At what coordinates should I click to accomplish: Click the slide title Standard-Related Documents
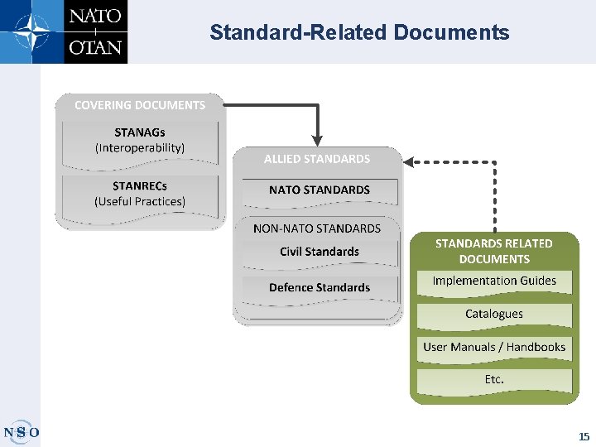[359, 32]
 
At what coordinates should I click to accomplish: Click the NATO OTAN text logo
[95, 31]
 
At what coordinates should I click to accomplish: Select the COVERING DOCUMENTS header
[140, 105]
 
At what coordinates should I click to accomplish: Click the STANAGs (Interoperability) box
[140, 140]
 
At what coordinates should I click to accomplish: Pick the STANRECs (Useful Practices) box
[140, 194]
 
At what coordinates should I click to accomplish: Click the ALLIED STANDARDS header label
[317, 159]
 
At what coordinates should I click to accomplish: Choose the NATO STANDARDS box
[320, 190]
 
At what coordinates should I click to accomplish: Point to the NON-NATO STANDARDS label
[317, 228]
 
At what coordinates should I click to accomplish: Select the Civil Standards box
[320, 252]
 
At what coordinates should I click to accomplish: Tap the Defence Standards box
[320, 288]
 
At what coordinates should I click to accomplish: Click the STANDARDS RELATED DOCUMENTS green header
[494, 251]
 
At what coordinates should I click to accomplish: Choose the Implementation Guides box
[494, 281]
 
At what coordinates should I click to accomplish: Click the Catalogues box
[494, 315]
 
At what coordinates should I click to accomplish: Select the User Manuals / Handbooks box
[494, 348]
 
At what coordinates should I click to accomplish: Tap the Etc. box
[494, 380]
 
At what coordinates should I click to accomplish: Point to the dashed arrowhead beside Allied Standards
[410, 162]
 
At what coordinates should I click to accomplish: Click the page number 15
[584, 436]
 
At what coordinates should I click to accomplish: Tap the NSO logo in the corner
[21, 431]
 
